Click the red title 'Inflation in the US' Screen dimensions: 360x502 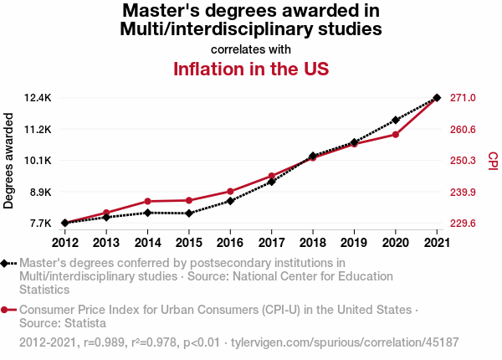250,69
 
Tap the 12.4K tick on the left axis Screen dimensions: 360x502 38,98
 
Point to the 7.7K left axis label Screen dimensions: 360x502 41,224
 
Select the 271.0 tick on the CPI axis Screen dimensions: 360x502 463,98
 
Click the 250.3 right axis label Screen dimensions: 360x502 463,161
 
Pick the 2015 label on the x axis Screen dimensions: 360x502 189,243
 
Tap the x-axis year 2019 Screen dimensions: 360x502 354,243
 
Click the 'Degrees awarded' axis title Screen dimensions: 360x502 9,161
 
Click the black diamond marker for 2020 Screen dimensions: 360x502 396,120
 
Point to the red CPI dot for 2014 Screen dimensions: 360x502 147,201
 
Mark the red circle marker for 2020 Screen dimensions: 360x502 396,134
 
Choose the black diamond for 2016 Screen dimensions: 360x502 230,201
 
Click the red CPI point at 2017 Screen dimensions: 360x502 272,176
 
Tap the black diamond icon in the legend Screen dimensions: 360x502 6,263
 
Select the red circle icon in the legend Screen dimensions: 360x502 6,310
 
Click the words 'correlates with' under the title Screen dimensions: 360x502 250,49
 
